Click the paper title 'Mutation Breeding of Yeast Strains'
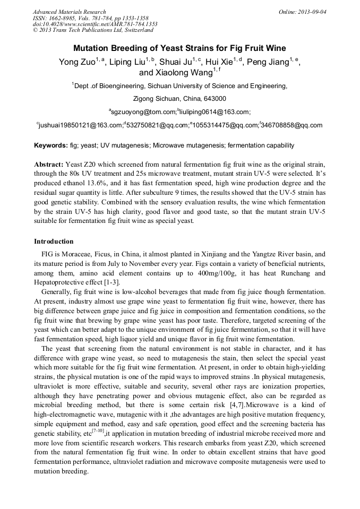pyautogui.click(x=179, y=48)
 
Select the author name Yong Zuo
pyautogui.click(x=76, y=62)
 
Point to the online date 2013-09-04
pyautogui.click(x=313, y=12)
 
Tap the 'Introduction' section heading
pyautogui.click(x=54, y=241)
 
